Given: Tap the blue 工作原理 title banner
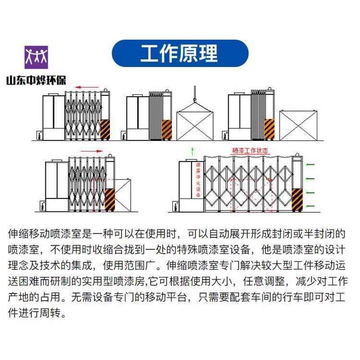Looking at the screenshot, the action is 180,53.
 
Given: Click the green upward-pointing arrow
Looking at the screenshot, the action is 193,150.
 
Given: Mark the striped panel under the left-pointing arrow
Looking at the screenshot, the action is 105,130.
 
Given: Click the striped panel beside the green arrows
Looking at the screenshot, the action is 296,200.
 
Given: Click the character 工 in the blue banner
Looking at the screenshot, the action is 150,53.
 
